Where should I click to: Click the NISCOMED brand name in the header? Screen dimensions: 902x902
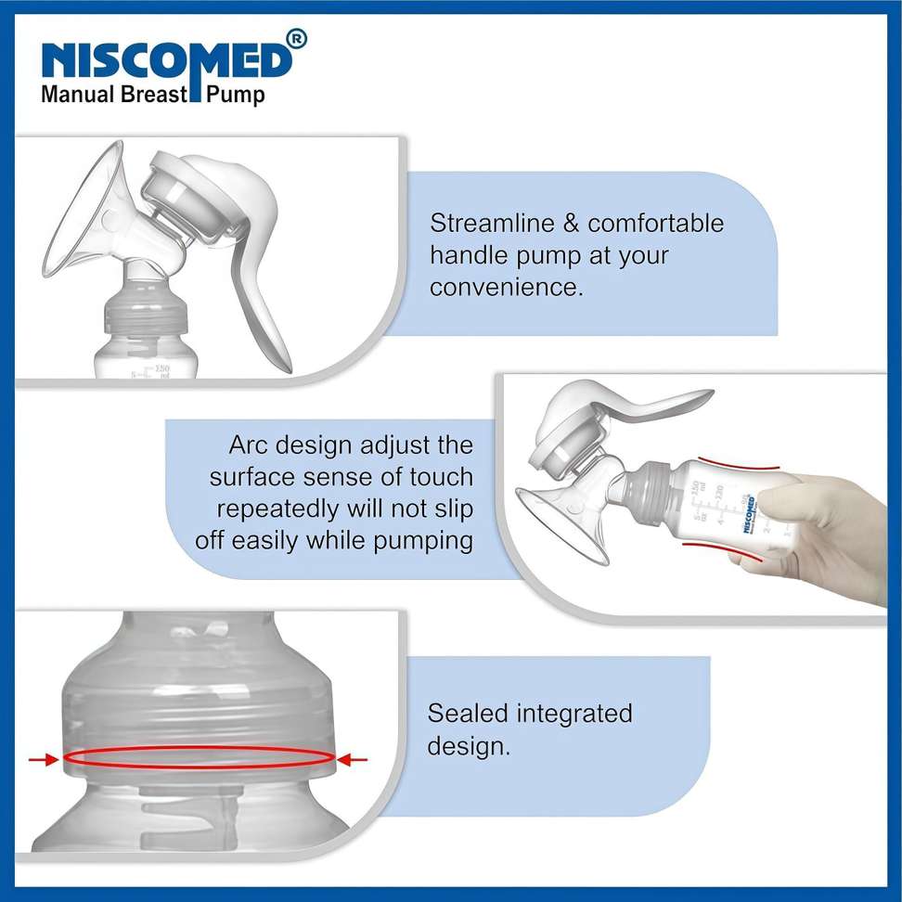click(x=166, y=60)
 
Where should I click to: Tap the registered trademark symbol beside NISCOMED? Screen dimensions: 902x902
click(x=297, y=39)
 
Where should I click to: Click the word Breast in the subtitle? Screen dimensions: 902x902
click(x=154, y=94)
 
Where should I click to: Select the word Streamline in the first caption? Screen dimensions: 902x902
click(x=493, y=224)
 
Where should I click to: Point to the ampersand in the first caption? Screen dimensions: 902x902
click(x=572, y=224)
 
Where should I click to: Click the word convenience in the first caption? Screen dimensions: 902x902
click(x=507, y=287)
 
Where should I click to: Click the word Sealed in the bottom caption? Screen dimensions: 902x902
click(x=467, y=714)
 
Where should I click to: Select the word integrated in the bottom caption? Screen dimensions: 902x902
click(x=574, y=715)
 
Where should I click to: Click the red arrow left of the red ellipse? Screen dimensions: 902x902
click(x=44, y=760)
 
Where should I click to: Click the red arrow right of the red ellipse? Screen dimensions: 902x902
click(x=352, y=761)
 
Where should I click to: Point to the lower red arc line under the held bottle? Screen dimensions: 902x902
click(x=722, y=550)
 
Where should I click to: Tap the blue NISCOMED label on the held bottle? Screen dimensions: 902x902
click(x=749, y=514)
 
